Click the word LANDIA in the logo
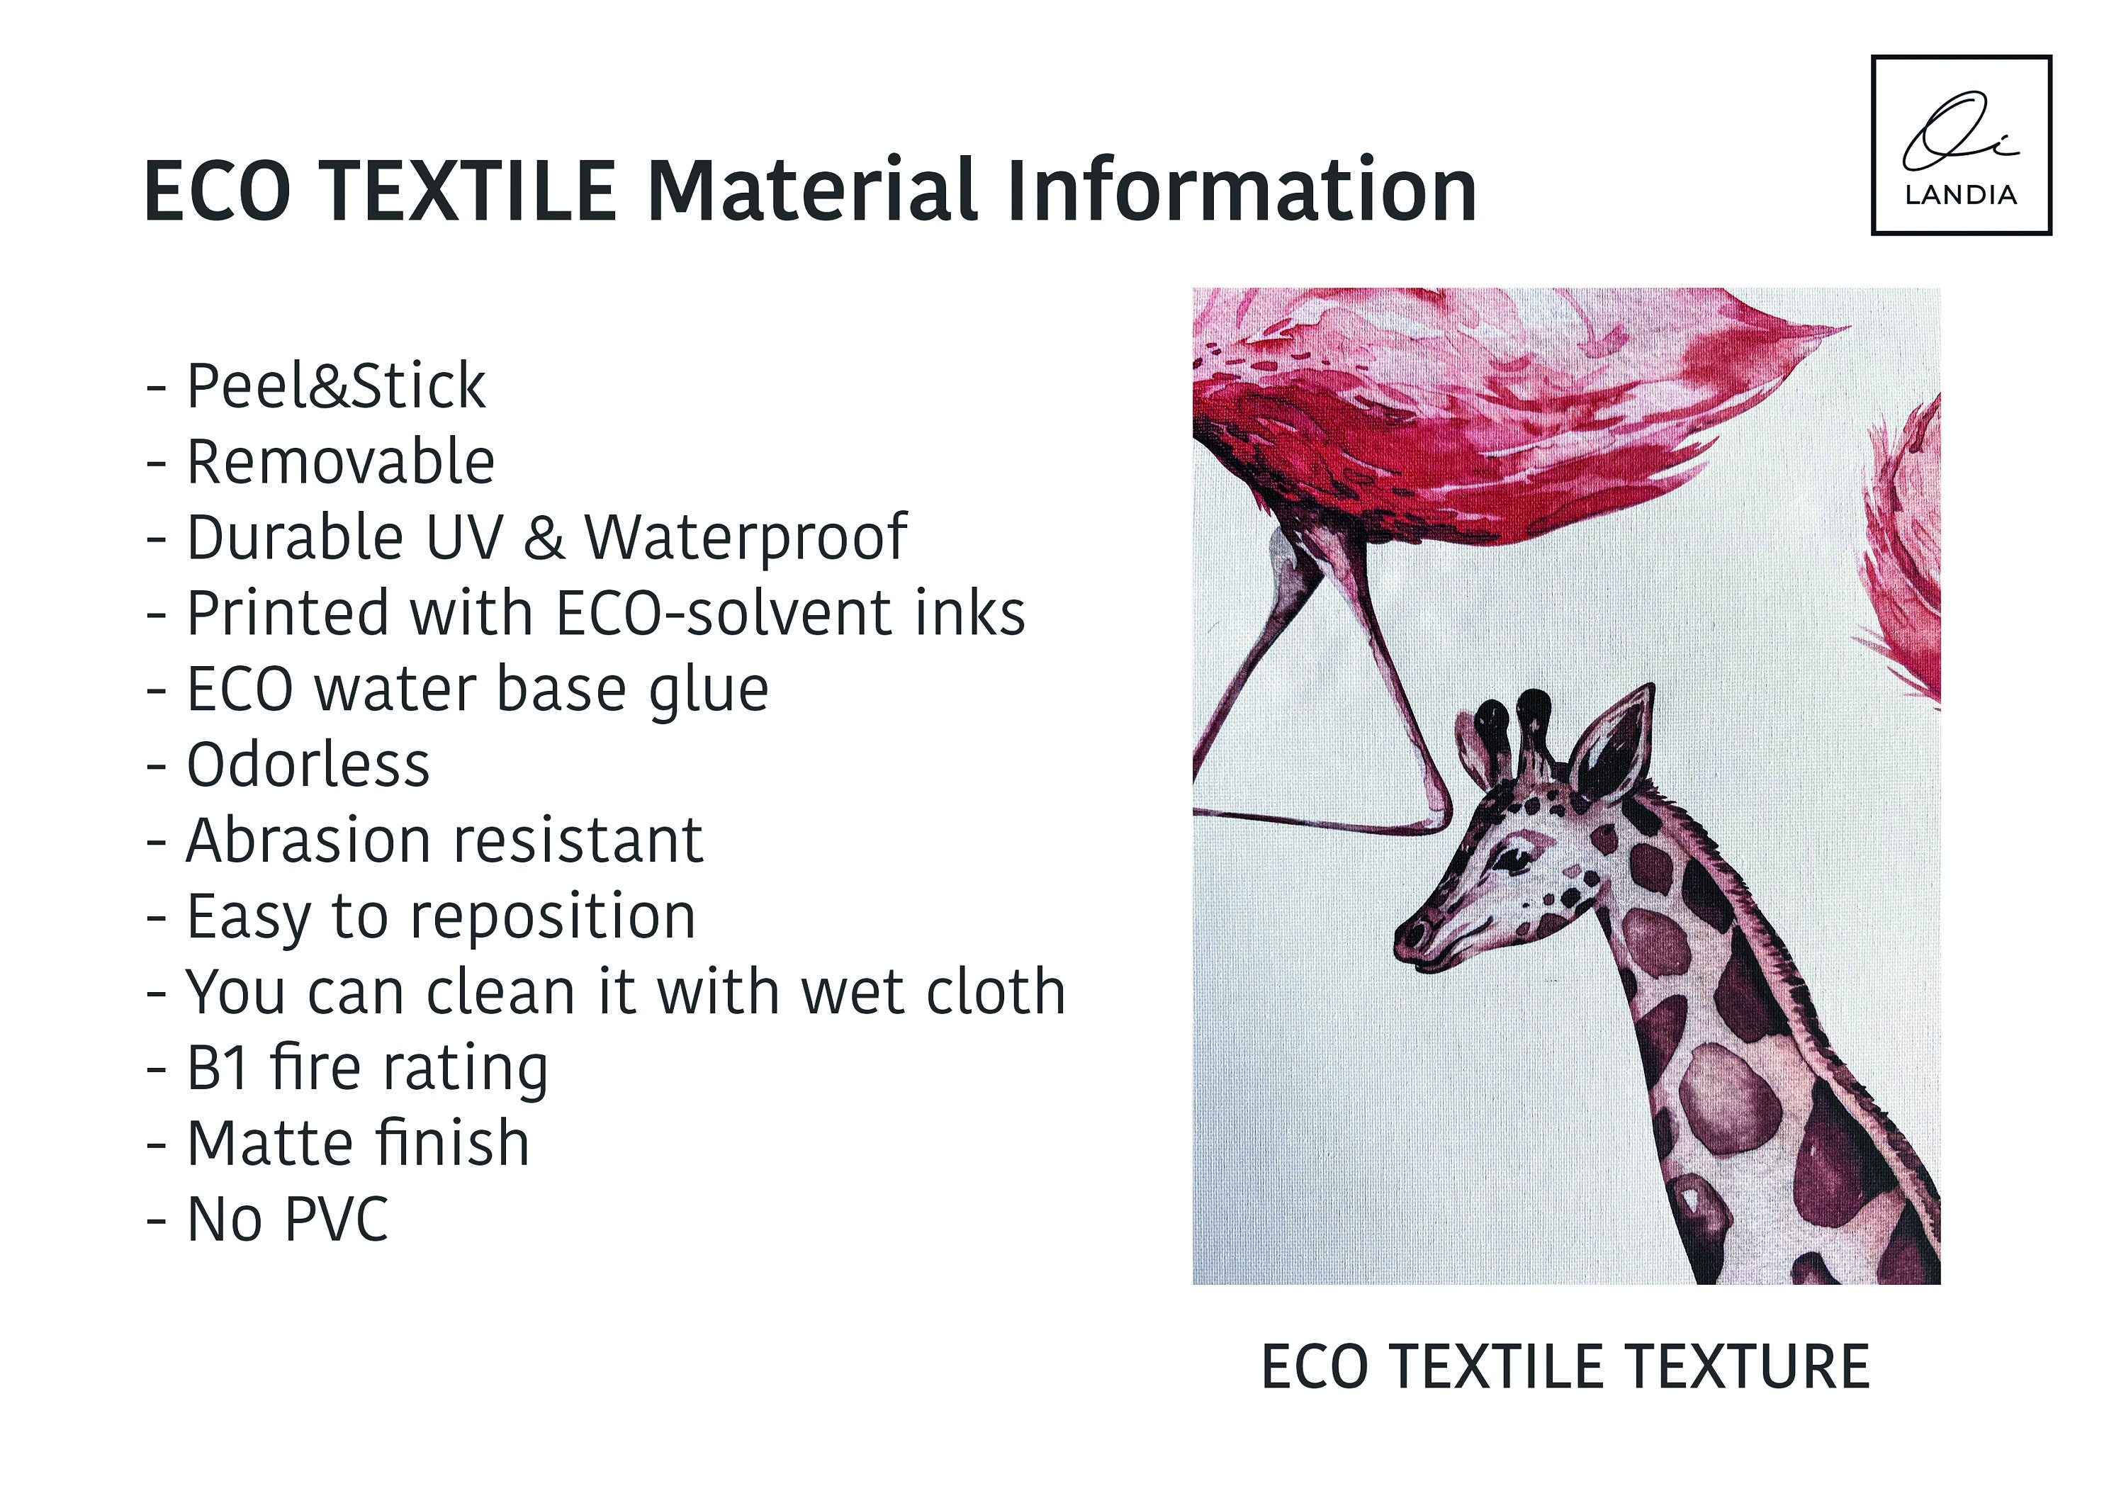coord(1960,194)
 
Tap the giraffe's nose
coord(1414,935)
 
